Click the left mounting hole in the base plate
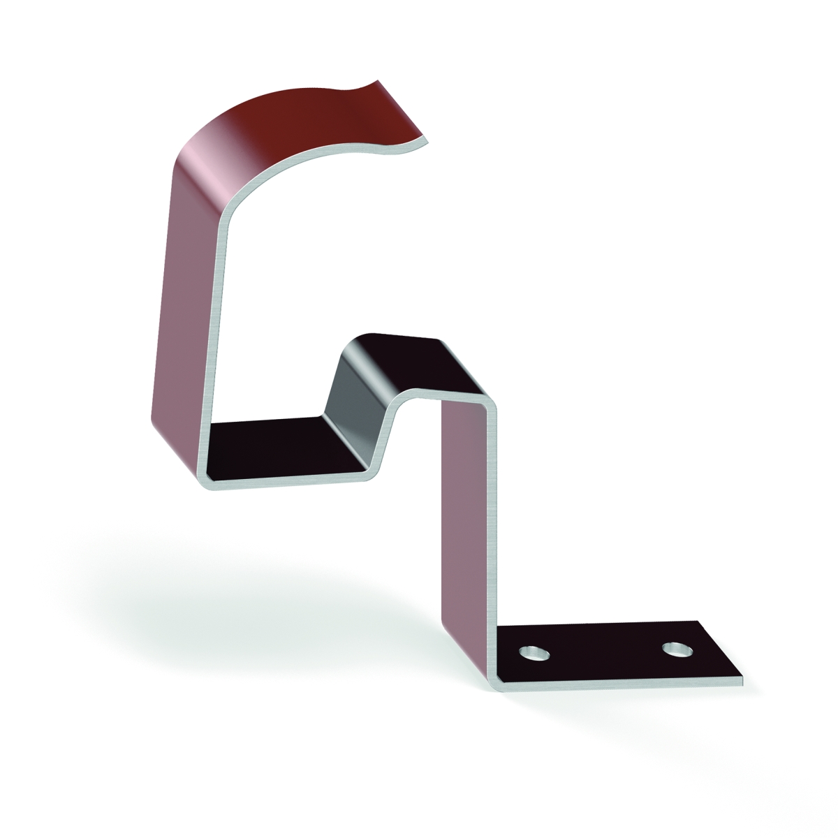(x=535, y=654)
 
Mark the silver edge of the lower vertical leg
(x=497, y=531)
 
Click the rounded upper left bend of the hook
(x=209, y=168)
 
